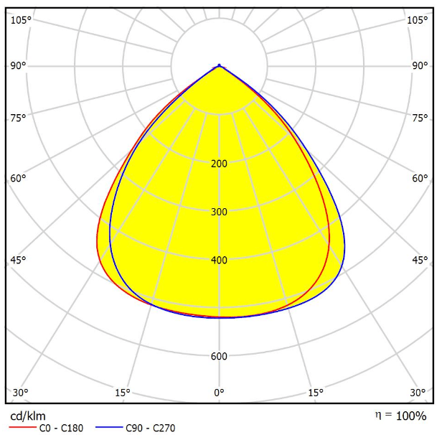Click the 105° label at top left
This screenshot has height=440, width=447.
click(x=21, y=19)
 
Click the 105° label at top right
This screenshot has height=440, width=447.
click(x=417, y=19)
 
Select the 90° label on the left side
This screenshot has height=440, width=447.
click(x=18, y=66)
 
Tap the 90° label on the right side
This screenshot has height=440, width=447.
click(x=420, y=66)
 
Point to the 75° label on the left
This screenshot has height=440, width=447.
click(x=18, y=118)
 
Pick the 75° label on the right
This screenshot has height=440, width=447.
click(x=420, y=118)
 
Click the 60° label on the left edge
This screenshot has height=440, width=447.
click(x=18, y=178)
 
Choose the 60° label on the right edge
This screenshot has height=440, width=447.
click(x=420, y=178)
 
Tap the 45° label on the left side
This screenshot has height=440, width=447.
click(x=18, y=260)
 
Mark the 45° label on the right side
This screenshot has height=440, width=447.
click(x=420, y=260)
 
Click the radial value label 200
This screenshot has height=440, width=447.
click(x=220, y=164)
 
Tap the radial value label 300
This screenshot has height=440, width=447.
click(x=220, y=212)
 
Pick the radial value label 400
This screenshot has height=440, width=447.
click(x=220, y=260)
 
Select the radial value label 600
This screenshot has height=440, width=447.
click(x=220, y=356)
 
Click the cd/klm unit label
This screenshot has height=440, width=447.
click(x=27, y=416)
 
